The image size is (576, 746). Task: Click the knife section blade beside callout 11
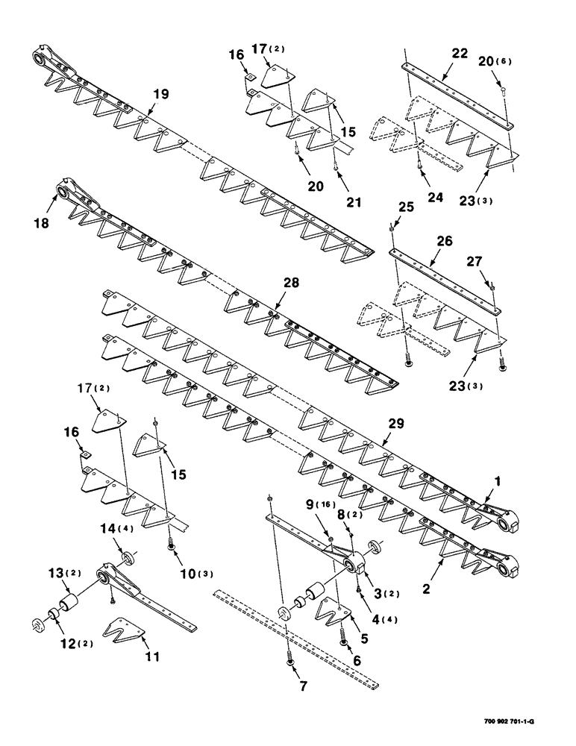click(x=122, y=628)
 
